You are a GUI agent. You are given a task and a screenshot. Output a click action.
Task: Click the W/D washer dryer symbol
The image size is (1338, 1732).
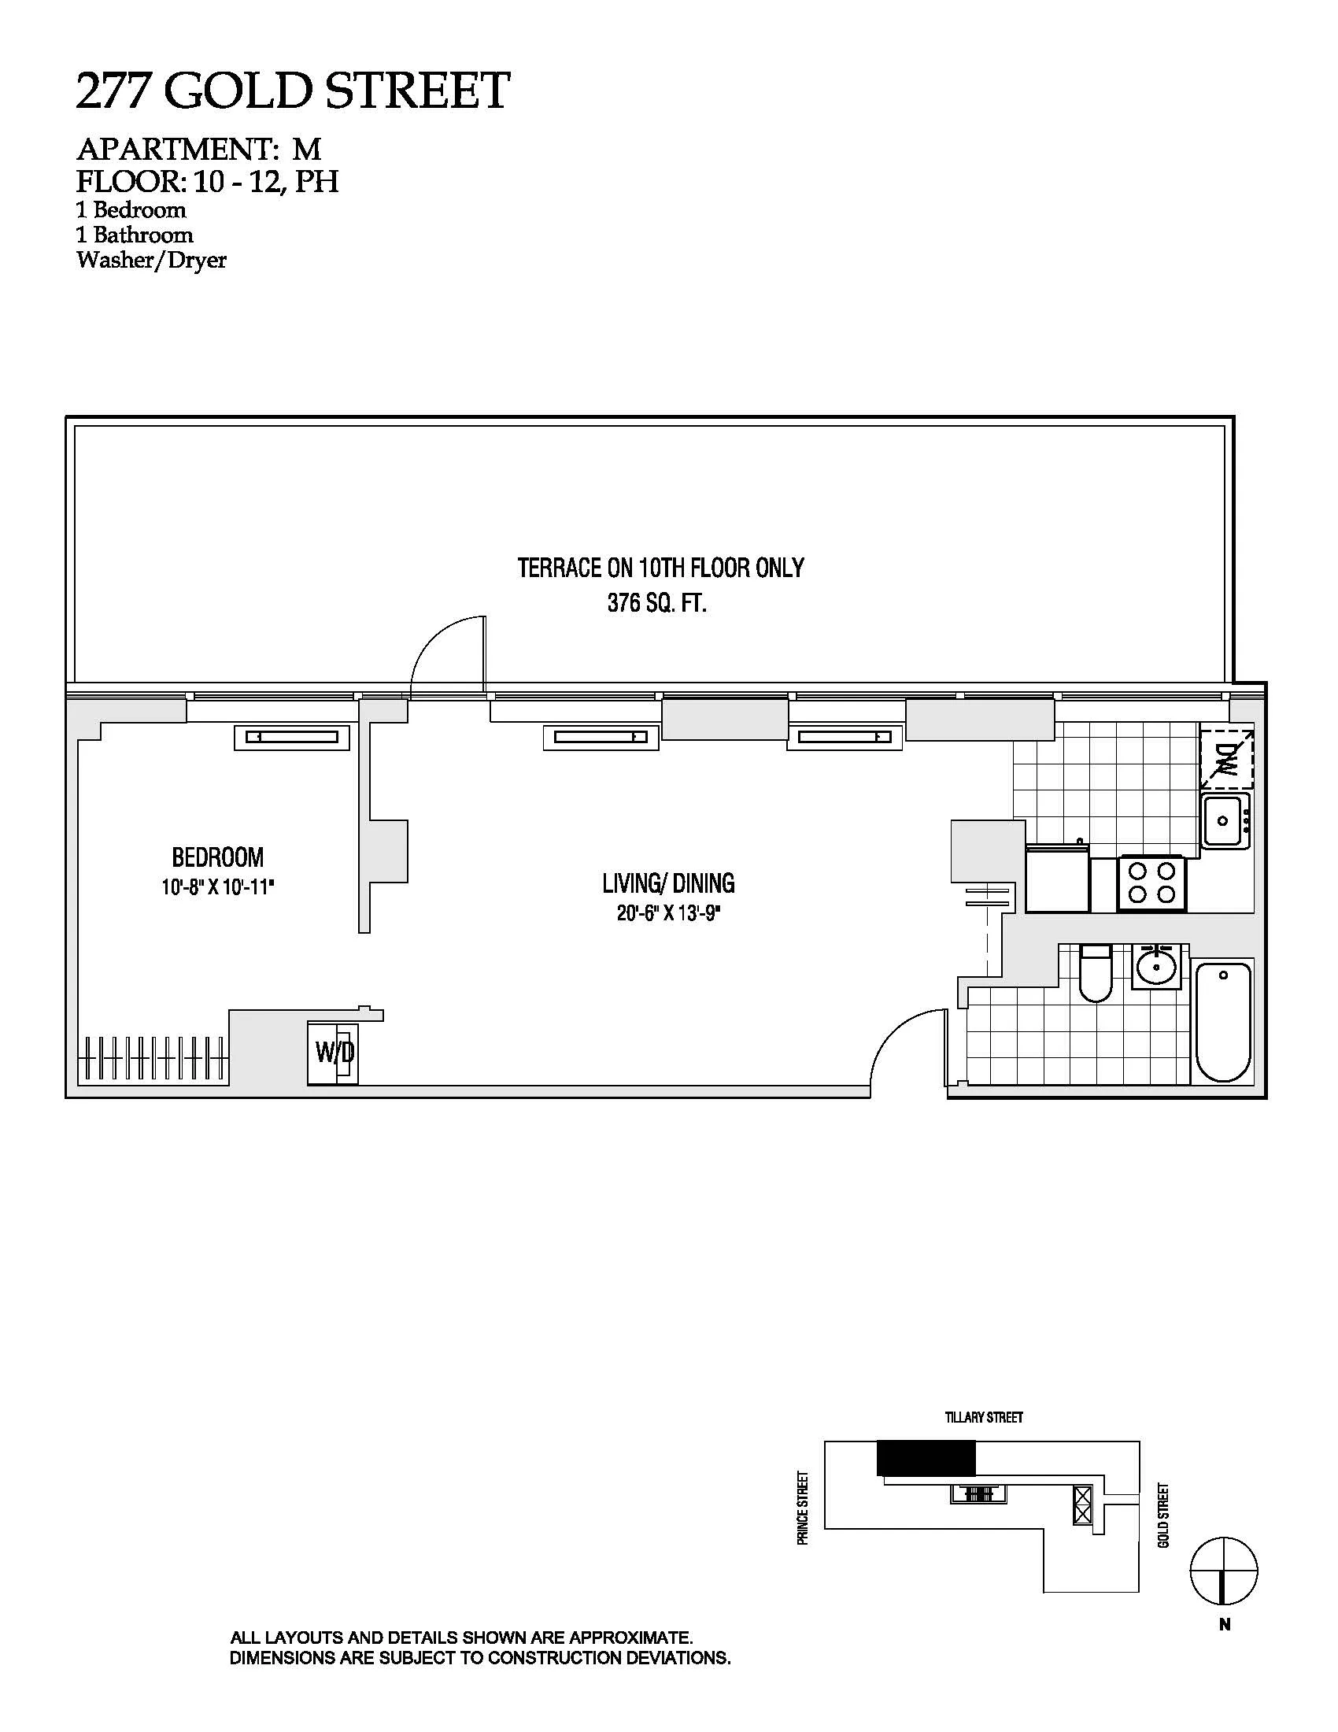click(334, 1053)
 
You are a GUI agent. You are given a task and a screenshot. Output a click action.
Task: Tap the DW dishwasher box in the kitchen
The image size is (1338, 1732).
click(1226, 757)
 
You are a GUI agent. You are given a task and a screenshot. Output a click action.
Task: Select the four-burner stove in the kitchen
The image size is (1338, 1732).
click(1151, 883)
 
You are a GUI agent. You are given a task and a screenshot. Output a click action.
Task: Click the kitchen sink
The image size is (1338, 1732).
click(1225, 821)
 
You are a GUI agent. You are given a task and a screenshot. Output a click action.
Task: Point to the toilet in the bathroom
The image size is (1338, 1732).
click(1096, 972)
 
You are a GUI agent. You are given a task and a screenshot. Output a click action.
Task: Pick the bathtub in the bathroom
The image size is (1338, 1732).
click(1223, 1020)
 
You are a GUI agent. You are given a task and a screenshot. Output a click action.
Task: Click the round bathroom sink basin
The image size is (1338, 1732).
click(1159, 967)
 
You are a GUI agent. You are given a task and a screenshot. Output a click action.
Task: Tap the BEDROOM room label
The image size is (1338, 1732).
click(218, 857)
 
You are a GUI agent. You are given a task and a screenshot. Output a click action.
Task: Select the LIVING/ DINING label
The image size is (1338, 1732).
click(668, 883)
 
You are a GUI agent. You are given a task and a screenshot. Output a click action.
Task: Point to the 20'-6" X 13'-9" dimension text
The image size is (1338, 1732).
click(668, 913)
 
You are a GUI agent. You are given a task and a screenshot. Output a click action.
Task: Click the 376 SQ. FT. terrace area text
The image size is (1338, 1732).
click(657, 604)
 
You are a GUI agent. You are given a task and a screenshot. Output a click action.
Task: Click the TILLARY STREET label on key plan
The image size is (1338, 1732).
click(984, 1417)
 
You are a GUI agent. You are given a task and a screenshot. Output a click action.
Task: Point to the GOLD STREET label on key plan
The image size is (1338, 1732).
click(1163, 1515)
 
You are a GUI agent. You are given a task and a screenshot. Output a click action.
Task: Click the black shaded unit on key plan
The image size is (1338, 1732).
click(926, 1458)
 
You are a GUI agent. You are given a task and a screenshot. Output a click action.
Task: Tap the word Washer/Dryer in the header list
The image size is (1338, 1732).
click(151, 260)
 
